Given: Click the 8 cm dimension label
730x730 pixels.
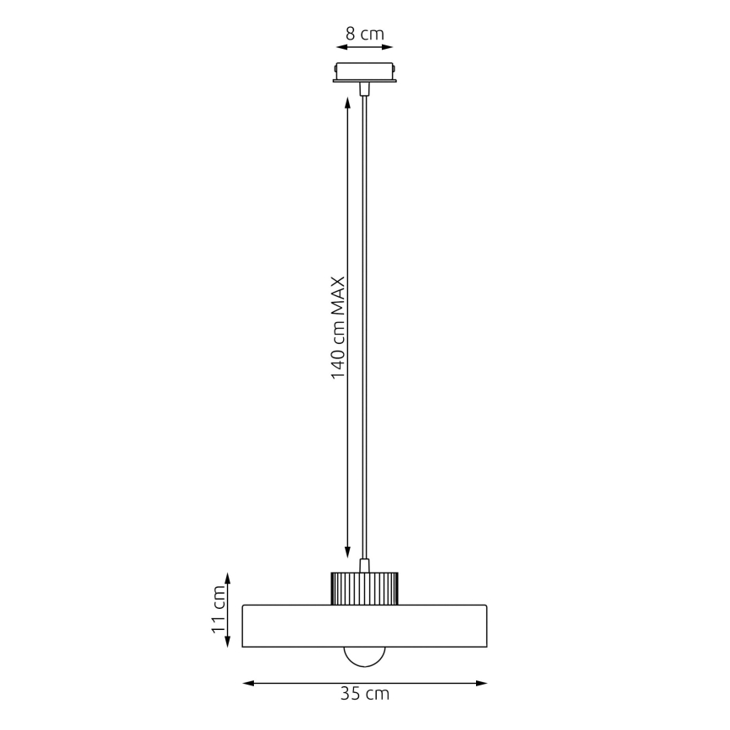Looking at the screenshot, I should coord(364,34).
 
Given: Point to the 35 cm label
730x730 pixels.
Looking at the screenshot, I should coord(364,695).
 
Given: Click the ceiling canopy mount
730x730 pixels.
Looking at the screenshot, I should coord(364,72).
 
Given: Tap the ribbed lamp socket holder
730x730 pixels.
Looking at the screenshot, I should coord(364,587).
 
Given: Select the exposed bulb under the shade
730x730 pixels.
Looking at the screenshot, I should coord(364,657).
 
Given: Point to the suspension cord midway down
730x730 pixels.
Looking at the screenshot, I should coord(364,328).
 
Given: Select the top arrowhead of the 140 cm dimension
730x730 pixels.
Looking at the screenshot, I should coord(347,103).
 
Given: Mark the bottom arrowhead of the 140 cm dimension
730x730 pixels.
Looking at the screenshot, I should coord(347,553).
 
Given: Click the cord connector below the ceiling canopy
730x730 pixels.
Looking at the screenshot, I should coord(364,88).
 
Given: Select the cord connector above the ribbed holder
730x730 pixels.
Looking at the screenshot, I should coord(364,564).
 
